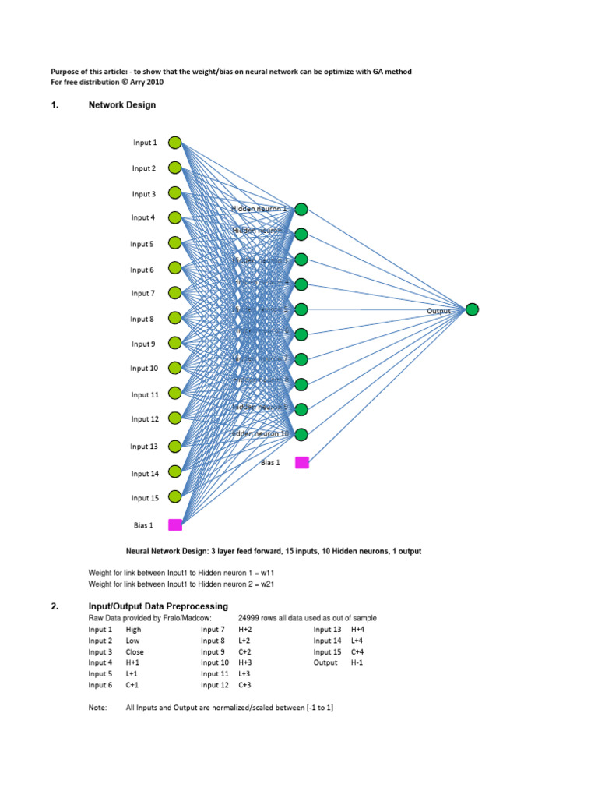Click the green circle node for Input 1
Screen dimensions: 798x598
click(x=175, y=143)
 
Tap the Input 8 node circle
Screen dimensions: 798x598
click(x=175, y=318)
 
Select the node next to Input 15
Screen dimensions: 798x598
click(x=175, y=496)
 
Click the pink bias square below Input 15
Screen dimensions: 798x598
click(x=175, y=524)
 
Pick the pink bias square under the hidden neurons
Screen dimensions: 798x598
click(x=302, y=462)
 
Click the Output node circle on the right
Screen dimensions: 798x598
click(x=472, y=310)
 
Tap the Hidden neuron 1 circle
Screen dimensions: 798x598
click(x=301, y=209)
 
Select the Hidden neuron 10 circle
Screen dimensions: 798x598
click(x=301, y=434)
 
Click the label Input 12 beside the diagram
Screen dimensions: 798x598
click(x=145, y=419)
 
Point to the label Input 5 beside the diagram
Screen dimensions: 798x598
click(x=142, y=244)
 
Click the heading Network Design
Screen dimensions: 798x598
click(x=122, y=105)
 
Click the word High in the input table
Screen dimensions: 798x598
click(x=133, y=629)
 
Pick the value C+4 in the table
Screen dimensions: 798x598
click(x=358, y=651)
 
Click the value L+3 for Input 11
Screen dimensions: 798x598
click(x=244, y=673)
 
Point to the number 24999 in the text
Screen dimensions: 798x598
click(x=249, y=618)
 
